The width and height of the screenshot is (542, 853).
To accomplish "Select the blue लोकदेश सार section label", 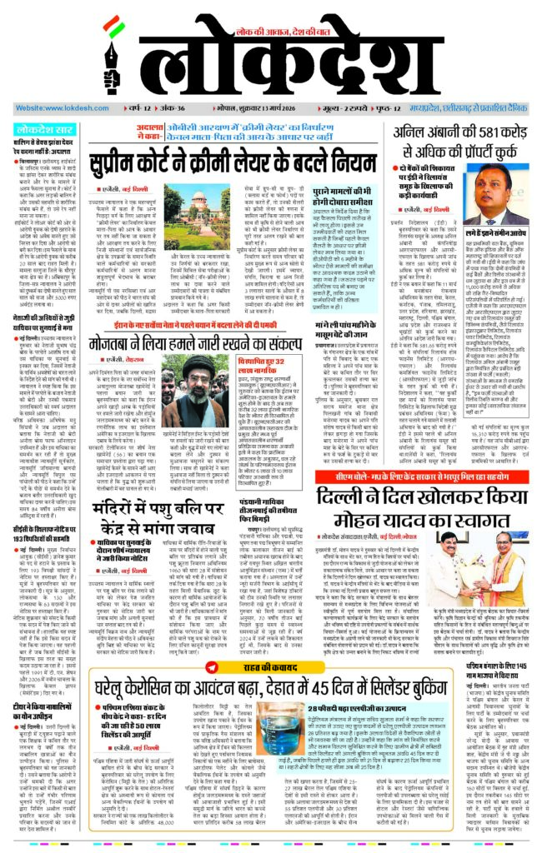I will (47, 129).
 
